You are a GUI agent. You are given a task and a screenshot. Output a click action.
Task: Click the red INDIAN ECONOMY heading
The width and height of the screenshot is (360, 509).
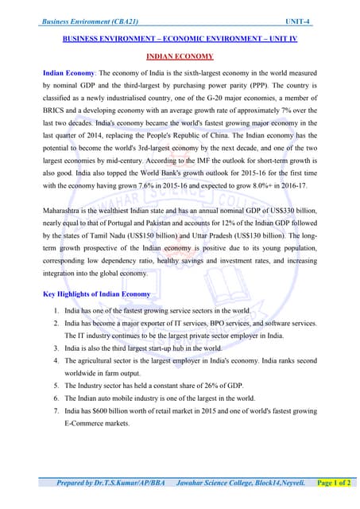pyautogui.click(x=180, y=56)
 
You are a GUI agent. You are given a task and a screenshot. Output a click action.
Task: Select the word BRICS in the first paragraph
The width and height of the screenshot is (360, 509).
pyautogui.click(x=58, y=110)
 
